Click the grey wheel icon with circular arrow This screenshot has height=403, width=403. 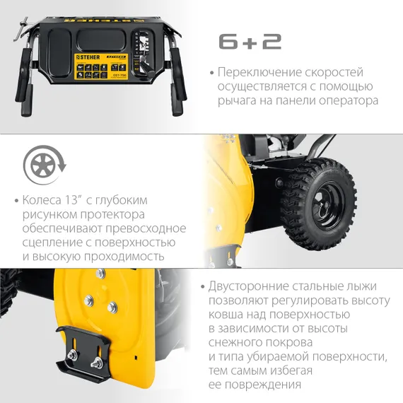click(x=43, y=166)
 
